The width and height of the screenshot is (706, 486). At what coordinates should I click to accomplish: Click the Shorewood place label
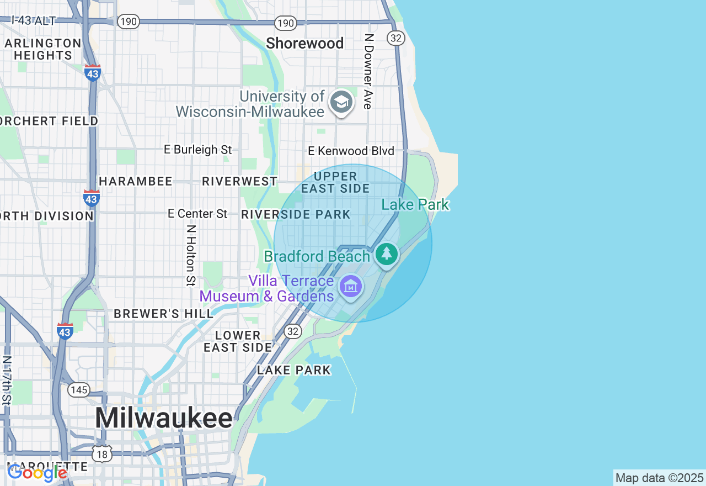304,43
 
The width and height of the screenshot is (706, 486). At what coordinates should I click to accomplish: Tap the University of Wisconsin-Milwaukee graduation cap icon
341,103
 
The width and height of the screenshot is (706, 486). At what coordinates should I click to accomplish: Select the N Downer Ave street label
368,71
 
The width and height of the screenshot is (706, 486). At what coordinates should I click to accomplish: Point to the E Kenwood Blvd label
351,151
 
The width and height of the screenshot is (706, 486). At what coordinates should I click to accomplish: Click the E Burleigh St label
198,150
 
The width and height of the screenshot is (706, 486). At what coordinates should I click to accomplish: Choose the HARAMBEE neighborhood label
135,181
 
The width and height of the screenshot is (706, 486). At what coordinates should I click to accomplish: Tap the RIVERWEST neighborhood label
239,181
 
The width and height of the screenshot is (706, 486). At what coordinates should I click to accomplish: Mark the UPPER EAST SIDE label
335,182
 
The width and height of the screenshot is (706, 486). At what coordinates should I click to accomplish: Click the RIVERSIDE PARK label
296,214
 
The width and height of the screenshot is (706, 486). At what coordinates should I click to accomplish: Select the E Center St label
197,214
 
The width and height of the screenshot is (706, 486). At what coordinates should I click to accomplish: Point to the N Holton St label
191,255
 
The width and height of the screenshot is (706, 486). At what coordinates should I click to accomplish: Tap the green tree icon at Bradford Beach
387,254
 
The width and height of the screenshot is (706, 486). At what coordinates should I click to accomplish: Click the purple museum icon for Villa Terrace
351,286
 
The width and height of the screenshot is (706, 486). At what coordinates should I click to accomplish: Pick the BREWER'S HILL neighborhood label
163,314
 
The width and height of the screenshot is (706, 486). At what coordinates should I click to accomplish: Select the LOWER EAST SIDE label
238,341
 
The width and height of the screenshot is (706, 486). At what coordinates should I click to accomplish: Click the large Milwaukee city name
164,418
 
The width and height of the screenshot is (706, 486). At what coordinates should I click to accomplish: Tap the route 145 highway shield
79,390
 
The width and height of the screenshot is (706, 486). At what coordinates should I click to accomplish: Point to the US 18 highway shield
103,453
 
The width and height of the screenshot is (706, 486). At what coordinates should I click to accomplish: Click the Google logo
37,473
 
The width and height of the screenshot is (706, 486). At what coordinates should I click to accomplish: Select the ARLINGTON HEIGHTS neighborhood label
43,49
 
